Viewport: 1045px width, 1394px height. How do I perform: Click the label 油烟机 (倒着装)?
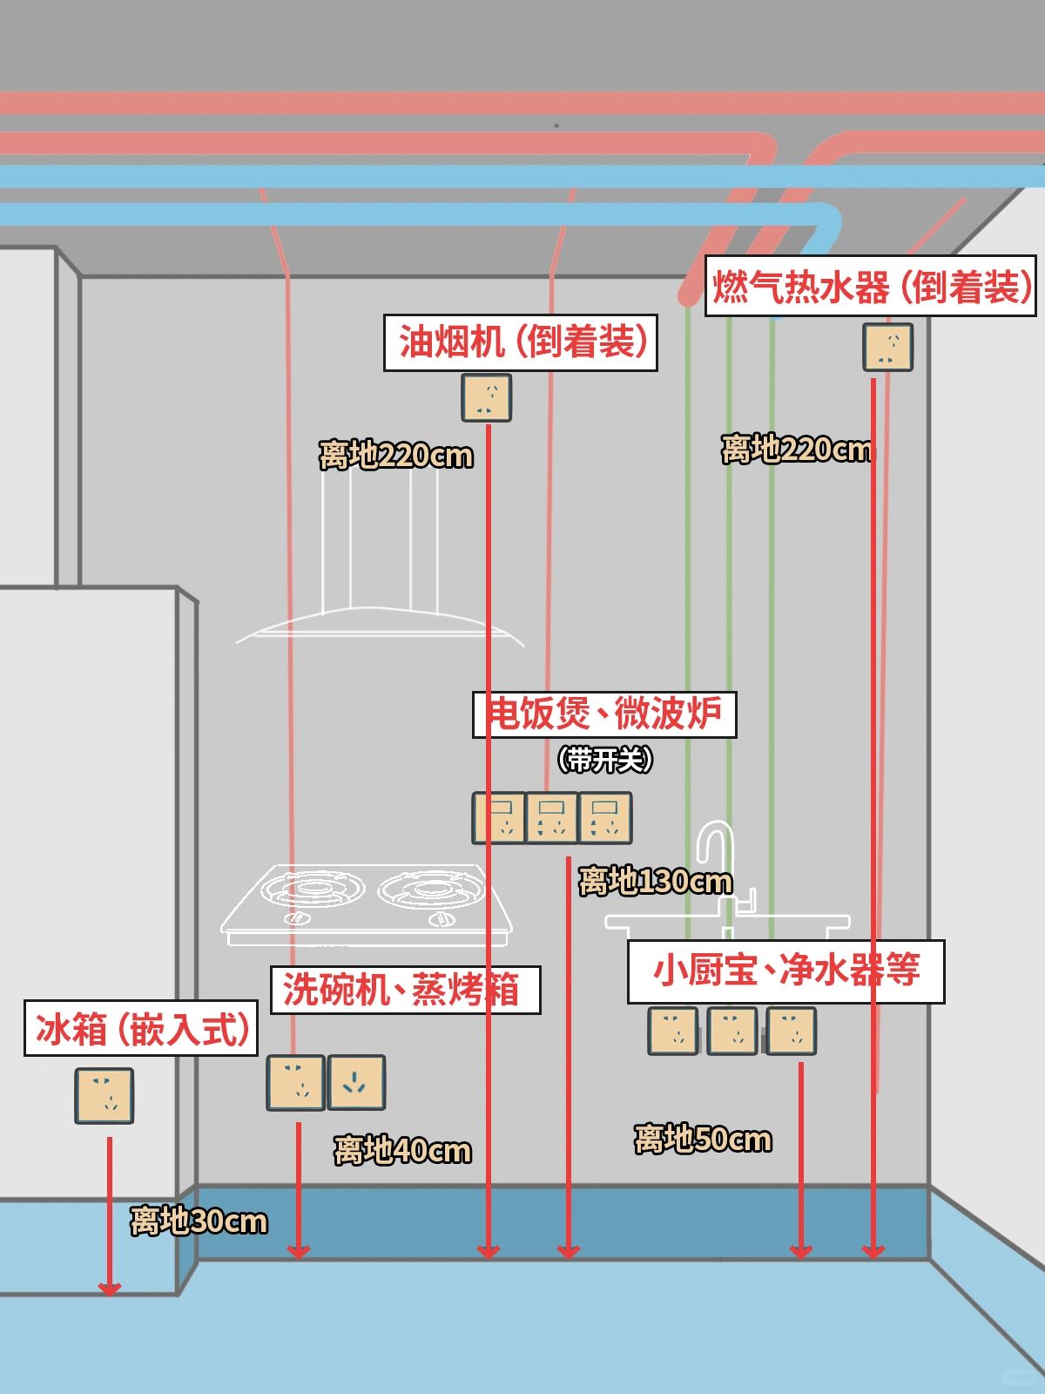click(520, 342)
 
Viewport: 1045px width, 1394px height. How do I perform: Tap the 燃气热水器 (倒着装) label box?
click(870, 286)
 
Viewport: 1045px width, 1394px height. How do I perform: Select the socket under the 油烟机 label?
click(486, 397)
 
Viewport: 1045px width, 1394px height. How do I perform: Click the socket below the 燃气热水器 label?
click(887, 347)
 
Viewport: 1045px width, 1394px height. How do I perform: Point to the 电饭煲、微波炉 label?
click(603, 714)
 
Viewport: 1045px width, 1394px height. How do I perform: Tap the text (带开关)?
click(605, 760)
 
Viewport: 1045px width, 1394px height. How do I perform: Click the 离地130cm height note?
click(655, 882)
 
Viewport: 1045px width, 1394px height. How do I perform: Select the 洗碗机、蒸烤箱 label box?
click(405, 990)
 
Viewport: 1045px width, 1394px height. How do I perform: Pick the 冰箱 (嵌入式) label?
click(141, 1029)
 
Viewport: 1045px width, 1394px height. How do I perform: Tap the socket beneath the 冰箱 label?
click(104, 1095)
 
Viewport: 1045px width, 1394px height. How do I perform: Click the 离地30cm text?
click(199, 1221)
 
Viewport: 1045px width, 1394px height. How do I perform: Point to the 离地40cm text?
click(402, 1151)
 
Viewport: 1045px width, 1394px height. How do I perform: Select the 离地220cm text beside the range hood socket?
click(395, 456)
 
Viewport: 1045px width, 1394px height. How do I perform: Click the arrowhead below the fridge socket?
click(109, 1288)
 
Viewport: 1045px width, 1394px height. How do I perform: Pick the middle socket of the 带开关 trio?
click(552, 818)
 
